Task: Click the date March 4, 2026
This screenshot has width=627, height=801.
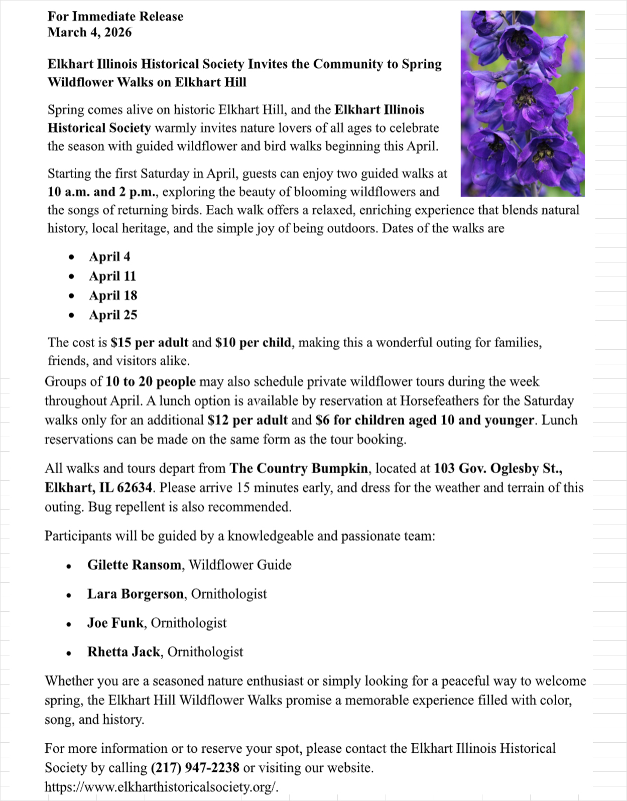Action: [x=89, y=33]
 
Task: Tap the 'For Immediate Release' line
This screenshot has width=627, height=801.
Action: [x=115, y=17]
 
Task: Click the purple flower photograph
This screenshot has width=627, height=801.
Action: [x=522, y=103]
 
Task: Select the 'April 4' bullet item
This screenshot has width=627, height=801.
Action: [x=109, y=256]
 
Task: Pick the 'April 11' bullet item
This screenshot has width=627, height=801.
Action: [x=112, y=276]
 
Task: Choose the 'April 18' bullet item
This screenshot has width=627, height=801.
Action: [x=113, y=296]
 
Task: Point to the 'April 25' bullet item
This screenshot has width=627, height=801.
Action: [x=113, y=315]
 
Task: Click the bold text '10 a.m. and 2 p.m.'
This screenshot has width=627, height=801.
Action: [x=103, y=192]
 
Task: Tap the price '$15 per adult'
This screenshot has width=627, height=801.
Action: [x=150, y=343]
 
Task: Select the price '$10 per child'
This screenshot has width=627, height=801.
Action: [x=253, y=343]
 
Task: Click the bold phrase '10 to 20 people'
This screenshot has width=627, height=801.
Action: [x=151, y=382]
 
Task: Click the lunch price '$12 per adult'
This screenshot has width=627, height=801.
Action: [x=247, y=420]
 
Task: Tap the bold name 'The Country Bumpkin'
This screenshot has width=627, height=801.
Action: [x=299, y=469]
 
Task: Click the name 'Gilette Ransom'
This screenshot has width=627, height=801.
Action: [x=134, y=565]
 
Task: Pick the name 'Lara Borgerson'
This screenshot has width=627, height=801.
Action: [x=136, y=594]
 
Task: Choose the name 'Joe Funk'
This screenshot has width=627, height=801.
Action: [x=115, y=623]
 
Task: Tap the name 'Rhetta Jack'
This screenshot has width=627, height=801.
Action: [x=123, y=652]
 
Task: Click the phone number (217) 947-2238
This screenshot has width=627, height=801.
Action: [x=195, y=768]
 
